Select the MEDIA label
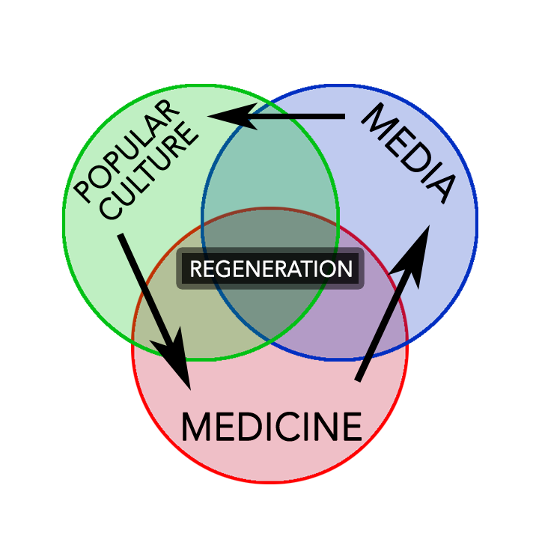click(x=409, y=153)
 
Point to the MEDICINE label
click(x=271, y=427)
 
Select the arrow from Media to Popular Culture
click(x=284, y=116)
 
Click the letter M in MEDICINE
click(x=196, y=427)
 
